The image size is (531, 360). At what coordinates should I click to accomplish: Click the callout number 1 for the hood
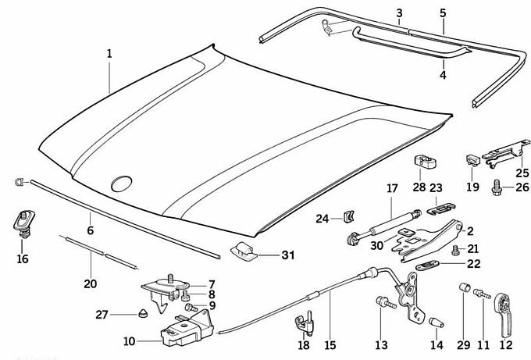click(x=110, y=54)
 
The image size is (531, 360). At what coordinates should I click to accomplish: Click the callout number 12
click(x=506, y=344)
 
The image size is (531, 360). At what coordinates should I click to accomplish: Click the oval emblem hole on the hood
click(x=121, y=184)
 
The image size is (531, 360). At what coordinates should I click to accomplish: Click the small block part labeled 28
click(x=424, y=161)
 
